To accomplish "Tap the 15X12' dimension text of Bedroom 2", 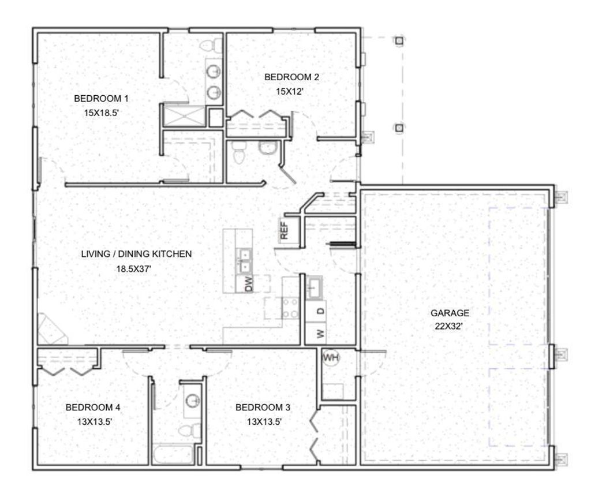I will coord(291,90).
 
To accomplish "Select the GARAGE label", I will coord(450,313).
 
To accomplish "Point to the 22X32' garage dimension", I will coord(450,326).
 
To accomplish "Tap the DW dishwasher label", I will coord(249,284).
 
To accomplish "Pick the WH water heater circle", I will coord(331,358).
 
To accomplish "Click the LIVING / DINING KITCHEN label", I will coord(136,253).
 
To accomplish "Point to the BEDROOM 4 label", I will coord(93,407).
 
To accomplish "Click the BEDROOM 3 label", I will coord(263,407).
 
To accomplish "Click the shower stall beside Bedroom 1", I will coord(184,116).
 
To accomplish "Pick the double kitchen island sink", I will coord(245,260).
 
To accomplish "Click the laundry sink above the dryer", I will coord(315,287).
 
